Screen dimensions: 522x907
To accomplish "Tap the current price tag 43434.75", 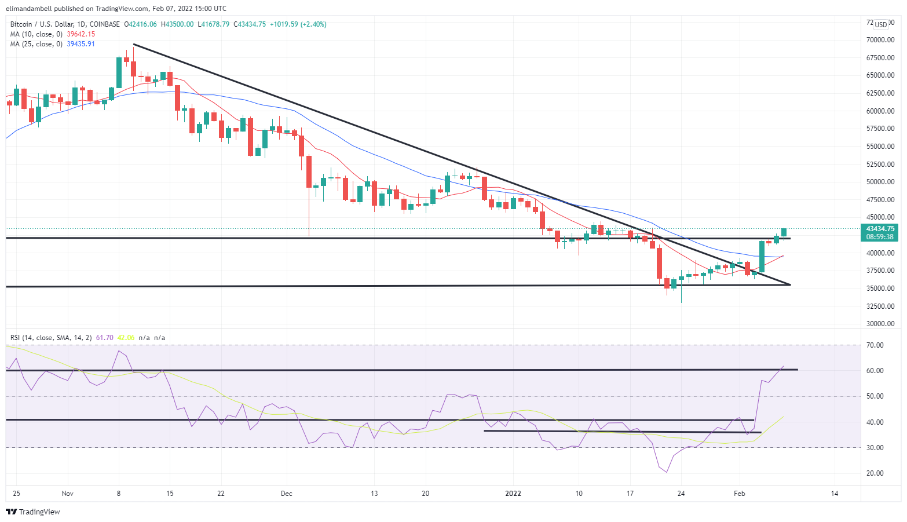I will tap(880, 229).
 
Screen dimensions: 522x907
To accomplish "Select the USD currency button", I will tap(881, 24).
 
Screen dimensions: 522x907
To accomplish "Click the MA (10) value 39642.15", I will tap(81, 34).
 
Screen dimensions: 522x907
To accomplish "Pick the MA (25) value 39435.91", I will tap(81, 44).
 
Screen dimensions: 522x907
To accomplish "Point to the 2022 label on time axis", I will tap(513, 494).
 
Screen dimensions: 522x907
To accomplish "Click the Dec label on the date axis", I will tap(286, 494).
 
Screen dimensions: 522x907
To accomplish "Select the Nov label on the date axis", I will tap(68, 494).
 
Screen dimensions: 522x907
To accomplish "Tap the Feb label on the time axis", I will tap(739, 494).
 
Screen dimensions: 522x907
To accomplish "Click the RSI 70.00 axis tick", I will tap(875, 345).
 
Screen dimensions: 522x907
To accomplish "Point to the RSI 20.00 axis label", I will tap(875, 473).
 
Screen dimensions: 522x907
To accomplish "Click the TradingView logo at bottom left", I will tap(33, 512).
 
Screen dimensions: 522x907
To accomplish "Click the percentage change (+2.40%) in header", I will tap(313, 24).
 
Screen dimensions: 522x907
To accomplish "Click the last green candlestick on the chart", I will tap(784, 232).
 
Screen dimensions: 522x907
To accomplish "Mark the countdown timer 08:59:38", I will tap(880, 237).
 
